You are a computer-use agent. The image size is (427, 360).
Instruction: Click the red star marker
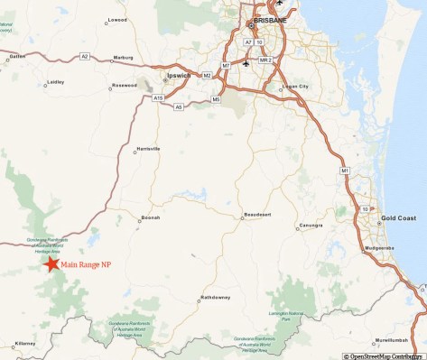[x=51, y=263]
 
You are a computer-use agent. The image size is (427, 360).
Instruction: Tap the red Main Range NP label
[x=86, y=263]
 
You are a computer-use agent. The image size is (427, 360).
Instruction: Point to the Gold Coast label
[x=398, y=218]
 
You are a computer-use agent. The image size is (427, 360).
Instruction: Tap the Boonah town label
[x=150, y=217]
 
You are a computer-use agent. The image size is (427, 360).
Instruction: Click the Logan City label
[x=295, y=87]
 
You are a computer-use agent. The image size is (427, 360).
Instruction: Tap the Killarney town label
[x=24, y=344]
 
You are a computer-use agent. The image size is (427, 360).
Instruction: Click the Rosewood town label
[x=124, y=86]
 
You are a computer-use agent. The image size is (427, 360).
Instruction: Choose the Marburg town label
[x=124, y=58]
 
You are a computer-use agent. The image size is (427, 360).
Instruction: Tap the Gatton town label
[x=17, y=56]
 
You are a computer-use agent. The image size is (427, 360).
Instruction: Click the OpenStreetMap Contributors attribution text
[x=384, y=355]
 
